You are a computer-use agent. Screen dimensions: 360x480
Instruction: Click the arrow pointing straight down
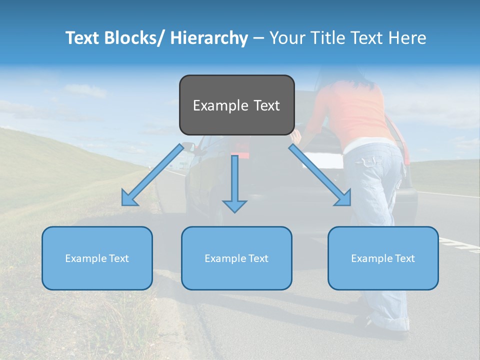[x=234, y=185]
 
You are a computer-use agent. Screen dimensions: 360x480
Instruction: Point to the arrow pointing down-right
[x=320, y=175]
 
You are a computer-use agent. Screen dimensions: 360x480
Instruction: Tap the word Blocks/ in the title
[x=133, y=38]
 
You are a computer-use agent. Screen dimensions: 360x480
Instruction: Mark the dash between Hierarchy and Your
[x=258, y=38]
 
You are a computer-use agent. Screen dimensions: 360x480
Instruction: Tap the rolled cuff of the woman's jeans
[x=390, y=320]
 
